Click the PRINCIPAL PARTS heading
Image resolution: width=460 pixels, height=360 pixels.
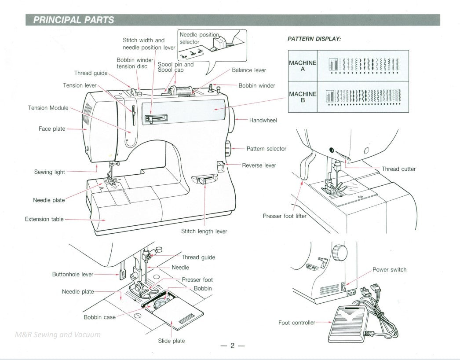click(x=74, y=20)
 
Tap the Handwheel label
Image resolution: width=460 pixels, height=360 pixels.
click(x=263, y=121)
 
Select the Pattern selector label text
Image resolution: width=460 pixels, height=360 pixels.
click(x=266, y=149)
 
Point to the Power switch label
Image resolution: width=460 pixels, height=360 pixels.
click(x=389, y=270)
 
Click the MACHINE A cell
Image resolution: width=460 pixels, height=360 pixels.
click(x=303, y=66)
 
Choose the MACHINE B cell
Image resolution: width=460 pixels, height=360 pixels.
click(x=303, y=97)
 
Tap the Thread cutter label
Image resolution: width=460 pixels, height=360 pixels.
click(x=398, y=169)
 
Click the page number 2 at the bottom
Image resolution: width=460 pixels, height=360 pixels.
click(x=233, y=345)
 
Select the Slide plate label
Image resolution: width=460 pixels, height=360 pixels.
click(x=172, y=341)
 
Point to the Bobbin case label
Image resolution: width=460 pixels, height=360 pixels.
click(x=100, y=317)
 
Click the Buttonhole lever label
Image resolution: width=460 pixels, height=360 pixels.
click(x=73, y=275)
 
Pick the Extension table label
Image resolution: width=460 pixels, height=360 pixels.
click(x=44, y=219)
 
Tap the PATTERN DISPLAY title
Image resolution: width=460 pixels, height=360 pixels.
click(x=314, y=39)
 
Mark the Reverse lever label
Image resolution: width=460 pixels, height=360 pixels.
click(x=259, y=165)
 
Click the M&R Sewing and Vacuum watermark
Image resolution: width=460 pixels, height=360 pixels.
click(x=58, y=334)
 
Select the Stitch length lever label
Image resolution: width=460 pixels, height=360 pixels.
click(x=204, y=231)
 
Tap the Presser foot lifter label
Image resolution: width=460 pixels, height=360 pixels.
click(x=285, y=216)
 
